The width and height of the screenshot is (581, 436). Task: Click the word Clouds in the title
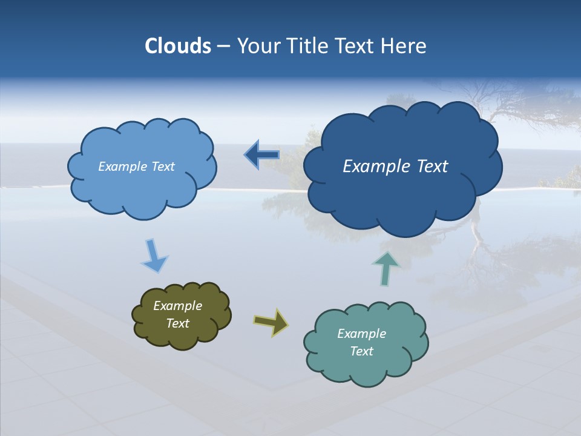[x=178, y=46]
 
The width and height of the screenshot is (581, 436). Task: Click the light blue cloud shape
[x=142, y=188]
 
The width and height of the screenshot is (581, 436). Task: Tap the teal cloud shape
[x=366, y=369]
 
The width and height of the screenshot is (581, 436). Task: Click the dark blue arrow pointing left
[x=261, y=156]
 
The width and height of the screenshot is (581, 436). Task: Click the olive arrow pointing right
[x=271, y=322]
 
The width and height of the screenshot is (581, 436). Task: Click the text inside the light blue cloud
[x=136, y=167]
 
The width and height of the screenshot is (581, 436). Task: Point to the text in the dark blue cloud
[x=395, y=167]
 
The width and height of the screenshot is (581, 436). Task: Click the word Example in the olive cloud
[x=177, y=306]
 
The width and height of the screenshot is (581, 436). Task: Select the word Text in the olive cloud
[x=177, y=323]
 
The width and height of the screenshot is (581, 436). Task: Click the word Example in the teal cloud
[x=361, y=334]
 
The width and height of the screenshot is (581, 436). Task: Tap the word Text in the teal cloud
[x=361, y=351]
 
